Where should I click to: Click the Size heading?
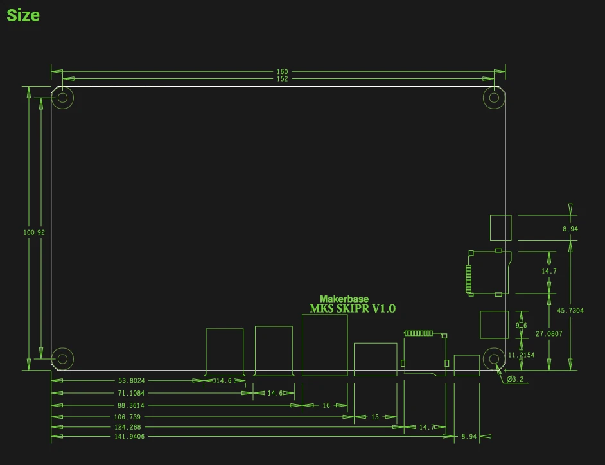[23, 15]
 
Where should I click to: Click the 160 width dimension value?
[283, 71]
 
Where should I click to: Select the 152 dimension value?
[283, 79]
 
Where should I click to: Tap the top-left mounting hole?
[63, 98]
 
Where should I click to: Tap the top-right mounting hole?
[494, 98]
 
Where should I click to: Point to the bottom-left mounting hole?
[63, 358]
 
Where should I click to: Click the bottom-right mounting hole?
[494, 358]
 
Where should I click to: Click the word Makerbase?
[344, 299]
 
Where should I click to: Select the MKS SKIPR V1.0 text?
[353, 309]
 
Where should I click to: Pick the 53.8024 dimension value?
[132, 381]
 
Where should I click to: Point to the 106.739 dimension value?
[127, 417]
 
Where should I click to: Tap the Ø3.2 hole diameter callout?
[515, 379]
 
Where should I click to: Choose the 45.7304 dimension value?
[570, 311]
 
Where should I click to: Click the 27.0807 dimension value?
[549, 334]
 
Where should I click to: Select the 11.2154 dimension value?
[522, 355]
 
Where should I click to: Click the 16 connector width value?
[326, 405]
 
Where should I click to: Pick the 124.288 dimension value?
[127, 427]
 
